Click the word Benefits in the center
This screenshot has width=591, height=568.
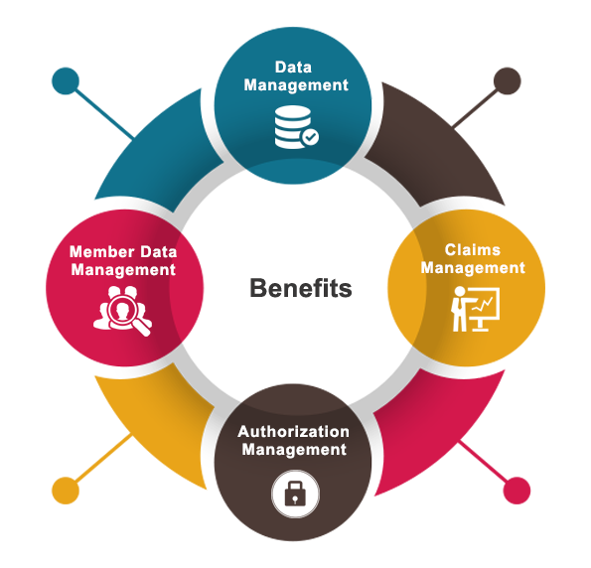pyautogui.click(x=301, y=288)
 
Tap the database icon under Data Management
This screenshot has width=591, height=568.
pyautogui.click(x=296, y=127)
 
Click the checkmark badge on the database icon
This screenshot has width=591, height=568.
pyautogui.click(x=311, y=137)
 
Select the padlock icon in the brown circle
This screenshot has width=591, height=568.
pyautogui.click(x=296, y=494)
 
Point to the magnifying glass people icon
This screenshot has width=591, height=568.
pyautogui.click(x=122, y=311)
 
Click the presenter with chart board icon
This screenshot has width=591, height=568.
pyautogui.click(x=476, y=309)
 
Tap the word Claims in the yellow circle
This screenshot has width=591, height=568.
pyautogui.click(x=473, y=250)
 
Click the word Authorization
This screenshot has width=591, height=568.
pyautogui.click(x=294, y=432)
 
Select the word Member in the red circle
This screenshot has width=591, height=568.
pyautogui.click(x=102, y=252)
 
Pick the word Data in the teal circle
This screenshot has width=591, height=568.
pyautogui.click(x=294, y=68)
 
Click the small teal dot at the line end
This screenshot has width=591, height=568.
pyautogui.click(x=66, y=81)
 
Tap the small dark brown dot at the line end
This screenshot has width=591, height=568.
pyautogui.click(x=508, y=81)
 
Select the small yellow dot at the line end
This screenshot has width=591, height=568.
pyautogui.click(x=66, y=491)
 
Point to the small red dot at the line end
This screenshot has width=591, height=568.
pyautogui.click(x=517, y=491)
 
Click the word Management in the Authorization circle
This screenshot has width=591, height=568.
pyautogui.click(x=294, y=450)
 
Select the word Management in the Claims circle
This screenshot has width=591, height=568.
pyautogui.click(x=473, y=268)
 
